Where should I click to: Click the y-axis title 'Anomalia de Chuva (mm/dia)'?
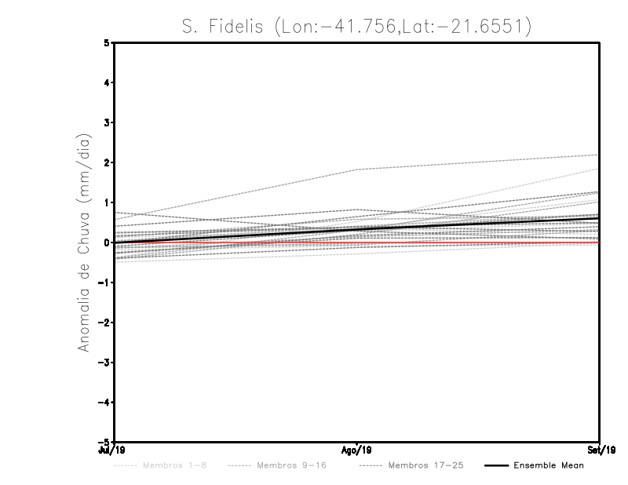pyautogui.click(x=82, y=242)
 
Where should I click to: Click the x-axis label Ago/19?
pyautogui.click(x=356, y=450)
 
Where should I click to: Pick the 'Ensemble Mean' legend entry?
pyautogui.click(x=548, y=465)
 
